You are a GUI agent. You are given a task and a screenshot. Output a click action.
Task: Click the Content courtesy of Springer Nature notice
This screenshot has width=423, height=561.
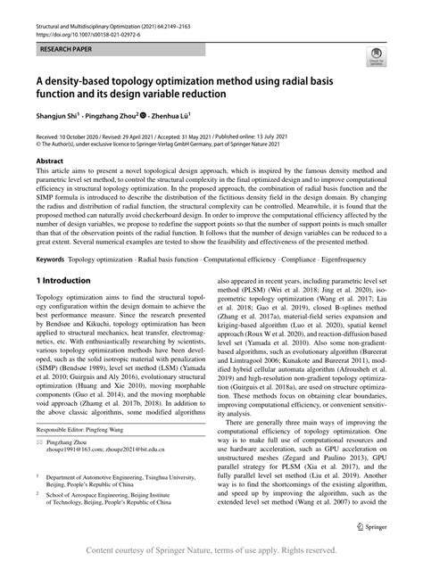pos(211,550)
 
